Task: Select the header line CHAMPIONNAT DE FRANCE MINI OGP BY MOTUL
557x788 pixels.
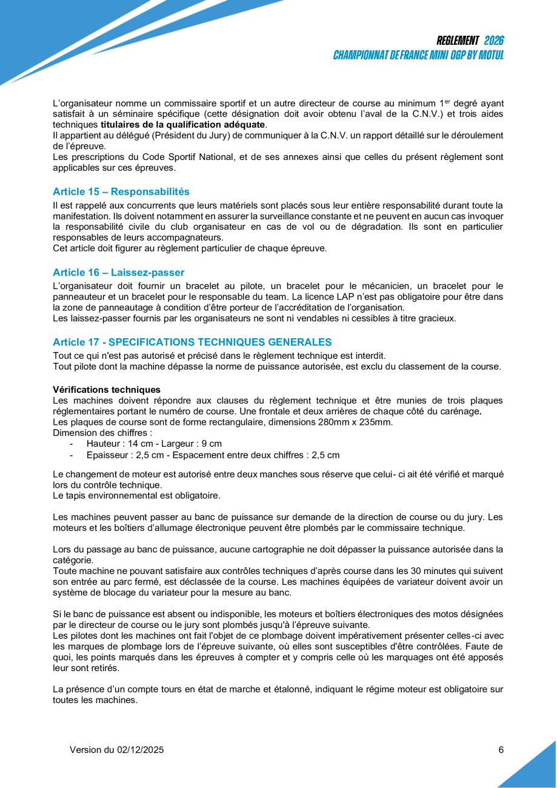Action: point(418,55)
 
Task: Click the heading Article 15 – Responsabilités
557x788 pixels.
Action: point(121,192)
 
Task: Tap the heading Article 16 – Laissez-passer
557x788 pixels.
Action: point(118,272)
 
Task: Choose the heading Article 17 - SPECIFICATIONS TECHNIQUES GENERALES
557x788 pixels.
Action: point(192,342)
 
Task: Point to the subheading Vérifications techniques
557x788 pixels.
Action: point(107,389)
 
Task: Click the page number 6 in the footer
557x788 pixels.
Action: point(501,750)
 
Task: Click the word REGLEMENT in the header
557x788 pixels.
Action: point(458,41)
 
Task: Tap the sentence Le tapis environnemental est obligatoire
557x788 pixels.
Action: point(136,496)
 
